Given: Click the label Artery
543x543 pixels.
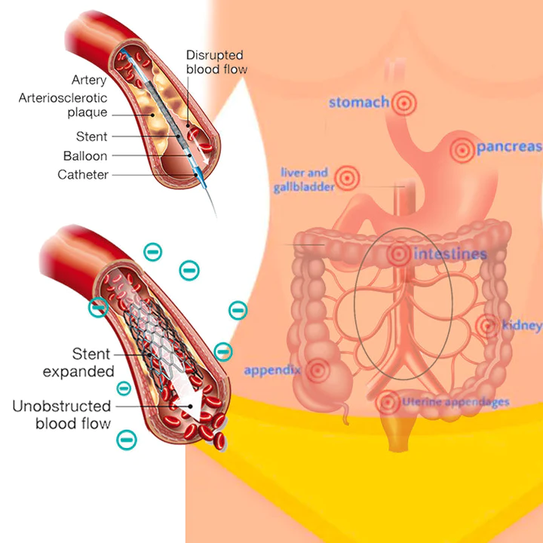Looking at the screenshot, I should pos(90,81).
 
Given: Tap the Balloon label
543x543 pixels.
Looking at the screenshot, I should pos(85,156).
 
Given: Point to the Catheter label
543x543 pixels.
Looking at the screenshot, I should pos(83,175).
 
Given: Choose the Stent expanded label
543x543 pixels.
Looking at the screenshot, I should pos(78,363).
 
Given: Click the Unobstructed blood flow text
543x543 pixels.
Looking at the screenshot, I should pos(61,416).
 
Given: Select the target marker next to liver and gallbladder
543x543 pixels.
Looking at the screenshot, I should pos(346,178).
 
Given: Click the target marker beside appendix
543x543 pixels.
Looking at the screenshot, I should pos(318,370).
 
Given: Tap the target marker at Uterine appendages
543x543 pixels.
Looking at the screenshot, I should pos(388,402).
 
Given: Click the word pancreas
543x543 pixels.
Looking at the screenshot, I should pos(509,147).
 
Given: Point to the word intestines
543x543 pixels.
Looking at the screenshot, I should pos(449,253).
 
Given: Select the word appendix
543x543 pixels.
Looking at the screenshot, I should pos(272,371).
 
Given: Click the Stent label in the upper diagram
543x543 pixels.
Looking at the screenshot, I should pos(92,137).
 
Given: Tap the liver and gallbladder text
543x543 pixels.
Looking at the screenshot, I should pos(303,179).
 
